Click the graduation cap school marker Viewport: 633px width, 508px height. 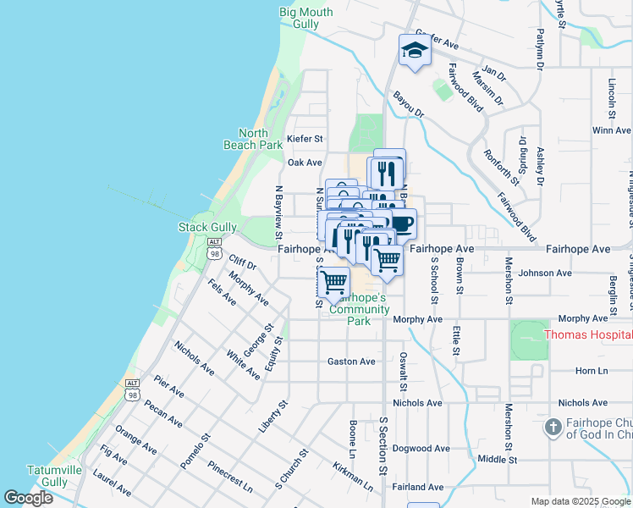[x=415, y=51]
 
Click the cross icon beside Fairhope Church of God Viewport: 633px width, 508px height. [x=553, y=428]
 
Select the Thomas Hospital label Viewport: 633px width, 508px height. [x=587, y=334]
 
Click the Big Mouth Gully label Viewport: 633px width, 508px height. [x=306, y=18]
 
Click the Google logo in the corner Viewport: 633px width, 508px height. [x=28, y=497]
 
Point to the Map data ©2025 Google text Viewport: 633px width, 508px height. [x=581, y=501]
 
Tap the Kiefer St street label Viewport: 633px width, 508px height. [x=305, y=138]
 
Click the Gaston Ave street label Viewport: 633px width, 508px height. [x=351, y=362]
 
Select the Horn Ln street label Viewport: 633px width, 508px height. [x=592, y=371]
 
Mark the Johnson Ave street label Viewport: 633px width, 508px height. [x=545, y=273]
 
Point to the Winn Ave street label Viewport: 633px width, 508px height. [x=612, y=130]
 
